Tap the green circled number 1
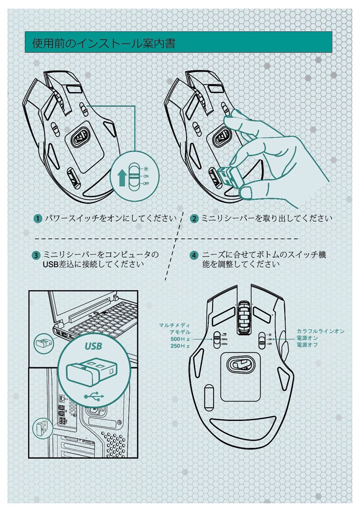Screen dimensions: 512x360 [38, 219]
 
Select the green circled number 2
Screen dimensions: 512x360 [195, 219]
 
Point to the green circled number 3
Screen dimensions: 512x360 [36, 255]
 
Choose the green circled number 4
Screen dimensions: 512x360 [194, 255]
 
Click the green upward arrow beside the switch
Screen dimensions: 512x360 [121, 178]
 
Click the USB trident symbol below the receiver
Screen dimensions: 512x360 [92, 395]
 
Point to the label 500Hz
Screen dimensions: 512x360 [180, 339]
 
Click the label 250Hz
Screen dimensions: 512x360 [180, 347]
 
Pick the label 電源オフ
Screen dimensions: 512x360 [307, 346]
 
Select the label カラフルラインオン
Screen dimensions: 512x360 [320, 331]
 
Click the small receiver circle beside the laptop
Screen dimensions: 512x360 [42, 344]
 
